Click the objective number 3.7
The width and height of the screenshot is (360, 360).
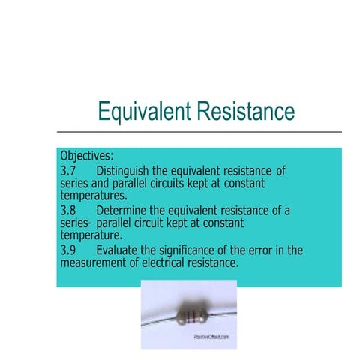pyautogui.click(x=68, y=169)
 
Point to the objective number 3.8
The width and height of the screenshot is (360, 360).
pyautogui.click(x=68, y=211)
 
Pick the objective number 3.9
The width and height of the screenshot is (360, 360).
pyautogui.click(x=68, y=250)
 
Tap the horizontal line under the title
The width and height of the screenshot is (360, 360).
pyautogui.click(x=199, y=132)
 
